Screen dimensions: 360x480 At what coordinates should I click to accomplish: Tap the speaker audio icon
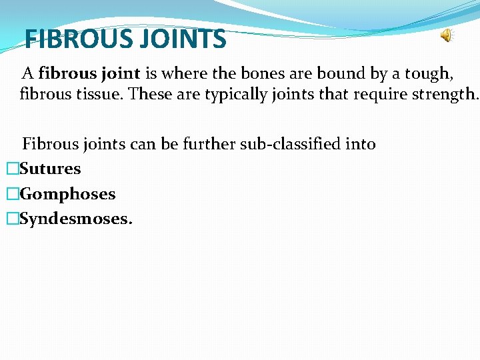tap(446, 36)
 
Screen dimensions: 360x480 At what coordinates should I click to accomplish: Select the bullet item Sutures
tap(51, 169)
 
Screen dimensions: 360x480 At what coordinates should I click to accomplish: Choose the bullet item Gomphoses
tap(68, 195)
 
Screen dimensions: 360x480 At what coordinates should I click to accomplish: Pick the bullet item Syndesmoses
tap(77, 219)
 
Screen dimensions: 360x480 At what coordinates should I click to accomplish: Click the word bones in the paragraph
tap(271, 73)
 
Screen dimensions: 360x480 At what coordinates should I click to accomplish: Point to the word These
tap(149, 94)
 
